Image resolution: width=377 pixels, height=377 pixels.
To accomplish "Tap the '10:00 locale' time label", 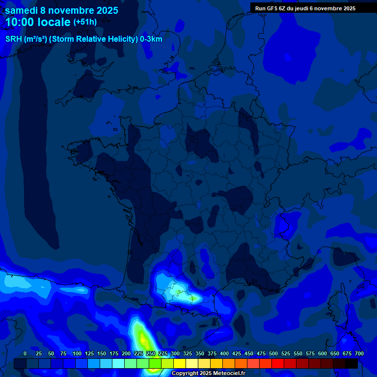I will coord(38,23).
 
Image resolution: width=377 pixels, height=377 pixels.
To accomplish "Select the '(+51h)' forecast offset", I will coord(85,22).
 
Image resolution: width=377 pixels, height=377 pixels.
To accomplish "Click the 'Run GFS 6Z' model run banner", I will coord(305,8).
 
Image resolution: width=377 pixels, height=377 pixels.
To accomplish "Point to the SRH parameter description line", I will coord(83,39).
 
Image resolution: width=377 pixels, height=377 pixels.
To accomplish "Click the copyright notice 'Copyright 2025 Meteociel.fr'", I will coord(208,374).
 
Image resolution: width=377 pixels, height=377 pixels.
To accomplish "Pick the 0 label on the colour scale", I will coord(25,353).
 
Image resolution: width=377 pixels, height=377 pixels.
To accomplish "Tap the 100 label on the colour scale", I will coord(77,353).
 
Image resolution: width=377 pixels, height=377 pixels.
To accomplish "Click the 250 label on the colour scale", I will coord(151,353).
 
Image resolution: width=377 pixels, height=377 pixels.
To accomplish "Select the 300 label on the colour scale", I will coord(175,353).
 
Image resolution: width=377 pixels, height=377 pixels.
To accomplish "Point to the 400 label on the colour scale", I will coord(224,353).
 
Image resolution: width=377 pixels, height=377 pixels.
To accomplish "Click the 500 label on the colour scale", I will coord(273,353).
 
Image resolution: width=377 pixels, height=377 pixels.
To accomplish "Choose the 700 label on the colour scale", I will coord(359,353).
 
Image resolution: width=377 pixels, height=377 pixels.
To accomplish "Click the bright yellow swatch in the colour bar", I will coord(180,363).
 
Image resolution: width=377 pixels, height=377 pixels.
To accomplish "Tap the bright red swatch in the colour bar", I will coord(278,363).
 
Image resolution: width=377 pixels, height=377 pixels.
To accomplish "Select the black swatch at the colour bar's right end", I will coord(351,363).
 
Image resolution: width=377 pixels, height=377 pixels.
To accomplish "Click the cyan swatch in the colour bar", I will coord(118,363).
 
